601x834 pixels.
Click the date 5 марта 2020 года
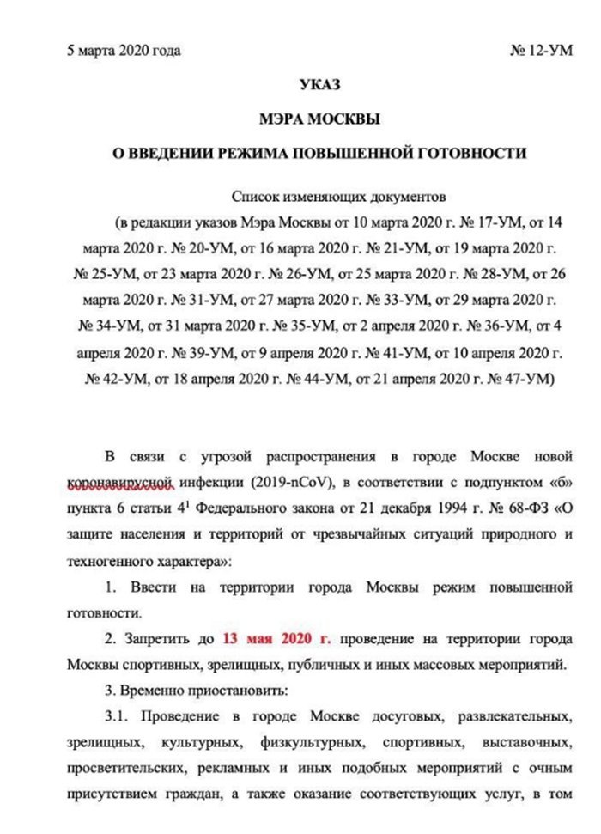(124, 51)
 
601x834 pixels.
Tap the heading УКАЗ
(320, 85)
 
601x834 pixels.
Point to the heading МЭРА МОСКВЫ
(320, 119)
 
